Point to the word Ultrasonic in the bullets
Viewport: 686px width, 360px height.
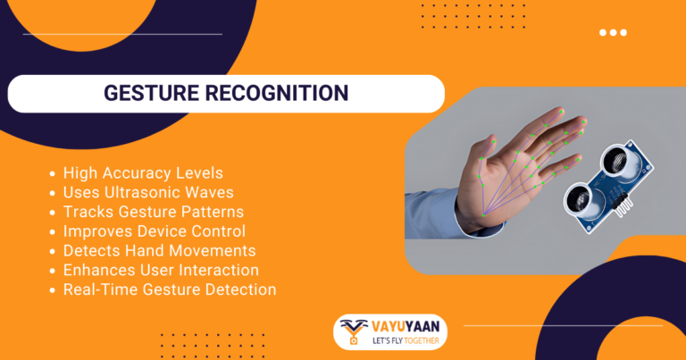pos(145,192)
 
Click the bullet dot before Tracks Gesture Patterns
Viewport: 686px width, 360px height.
pos(54,213)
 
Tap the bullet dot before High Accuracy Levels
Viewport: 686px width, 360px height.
pos(54,173)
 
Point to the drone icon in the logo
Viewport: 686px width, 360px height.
pos(353,330)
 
